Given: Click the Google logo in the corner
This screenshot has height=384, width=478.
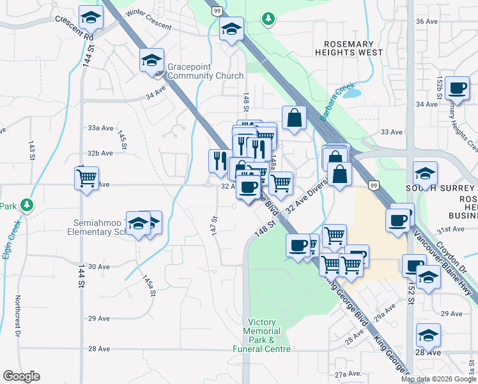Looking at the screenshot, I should click(x=21, y=376).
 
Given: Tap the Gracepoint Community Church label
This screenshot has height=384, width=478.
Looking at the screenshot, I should click(x=205, y=71).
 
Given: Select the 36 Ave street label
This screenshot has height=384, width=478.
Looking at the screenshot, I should click(x=426, y=21).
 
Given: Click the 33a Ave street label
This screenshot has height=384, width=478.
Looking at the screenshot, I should click(x=100, y=128).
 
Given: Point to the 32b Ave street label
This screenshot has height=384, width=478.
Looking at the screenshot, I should click(x=100, y=154).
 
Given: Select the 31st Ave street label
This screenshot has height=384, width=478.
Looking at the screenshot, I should click(x=450, y=229).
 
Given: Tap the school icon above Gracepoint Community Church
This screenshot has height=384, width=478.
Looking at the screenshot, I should click(x=152, y=60).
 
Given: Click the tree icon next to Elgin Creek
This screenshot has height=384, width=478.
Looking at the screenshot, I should click(x=26, y=205).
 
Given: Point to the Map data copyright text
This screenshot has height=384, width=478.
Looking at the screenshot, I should click(x=438, y=379).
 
